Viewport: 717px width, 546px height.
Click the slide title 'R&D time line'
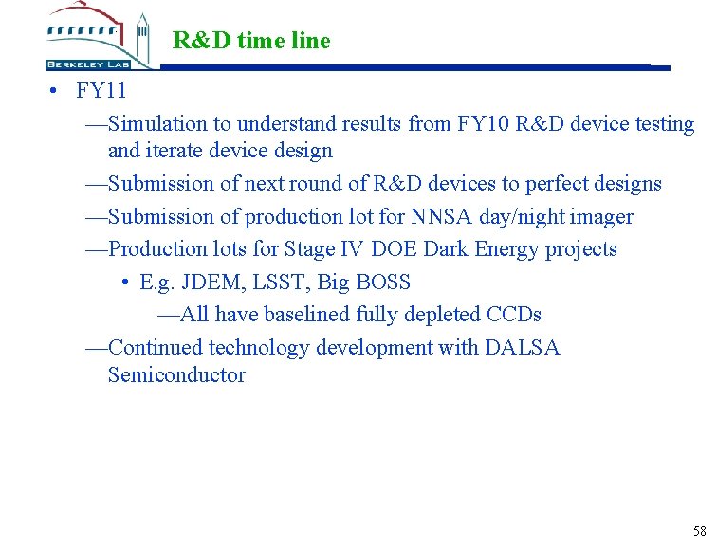251,41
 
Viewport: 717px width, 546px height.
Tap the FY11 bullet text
101,92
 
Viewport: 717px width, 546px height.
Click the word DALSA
523,348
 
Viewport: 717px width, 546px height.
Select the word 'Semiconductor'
176,375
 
